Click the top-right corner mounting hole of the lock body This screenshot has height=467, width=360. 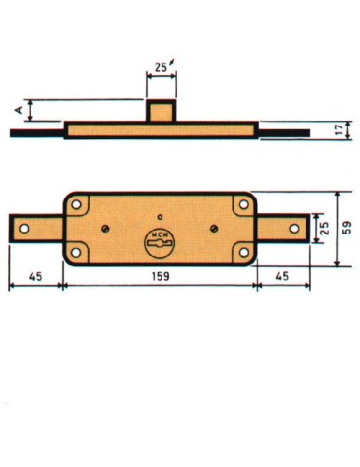(x=241, y=204)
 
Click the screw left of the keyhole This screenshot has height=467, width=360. (x=103, y=228)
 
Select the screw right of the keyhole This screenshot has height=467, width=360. (x=213, y=228)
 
